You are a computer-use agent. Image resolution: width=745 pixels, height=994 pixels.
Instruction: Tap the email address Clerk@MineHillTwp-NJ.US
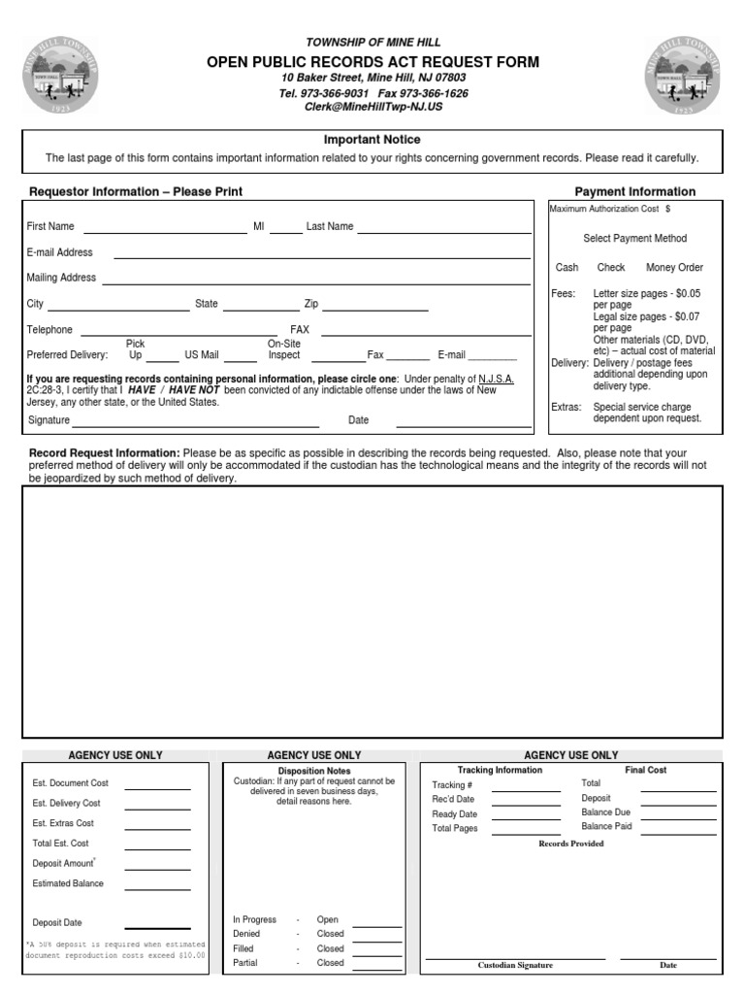click(373, 107)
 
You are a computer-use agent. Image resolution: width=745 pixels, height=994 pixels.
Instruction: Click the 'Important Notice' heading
click(372, 140)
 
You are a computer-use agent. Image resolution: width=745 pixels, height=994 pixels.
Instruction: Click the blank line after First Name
click(165, 231)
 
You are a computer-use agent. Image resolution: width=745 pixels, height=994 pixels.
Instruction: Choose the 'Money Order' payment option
click(674, 268)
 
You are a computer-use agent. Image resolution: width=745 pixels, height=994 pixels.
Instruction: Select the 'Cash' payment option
click(567, 268)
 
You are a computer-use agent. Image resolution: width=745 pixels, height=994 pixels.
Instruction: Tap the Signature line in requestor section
click(195, 424)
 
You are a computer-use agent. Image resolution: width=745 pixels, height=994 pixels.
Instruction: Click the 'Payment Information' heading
click(634, 192)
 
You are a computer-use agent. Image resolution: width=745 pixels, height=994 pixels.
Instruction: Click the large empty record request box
click(372, 612)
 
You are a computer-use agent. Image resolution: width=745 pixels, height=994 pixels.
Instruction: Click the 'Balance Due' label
click(605, 812)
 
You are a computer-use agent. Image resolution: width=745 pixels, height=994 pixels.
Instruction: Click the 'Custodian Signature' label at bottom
click(515, 966)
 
